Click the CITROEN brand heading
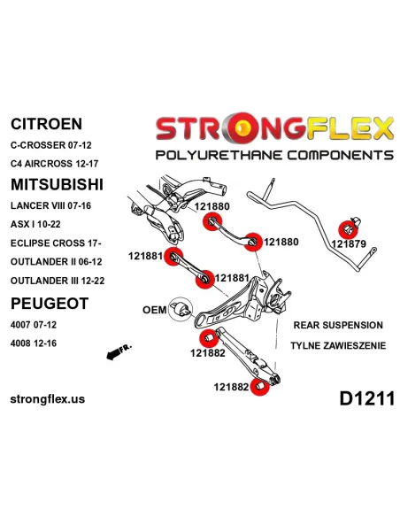pos(46,124)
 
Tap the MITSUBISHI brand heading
pos(57,184)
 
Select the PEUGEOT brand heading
pos(50,304)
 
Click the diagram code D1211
pos(366,398)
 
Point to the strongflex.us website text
pos(48,399)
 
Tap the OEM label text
pos(155,310)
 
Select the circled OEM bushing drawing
pos(181,310)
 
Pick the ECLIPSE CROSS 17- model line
pos(56,243)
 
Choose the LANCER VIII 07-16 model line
pos(50,205)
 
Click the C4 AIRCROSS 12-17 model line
pos(54,164)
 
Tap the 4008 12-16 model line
pos(34,343)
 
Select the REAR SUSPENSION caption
pos(338,325)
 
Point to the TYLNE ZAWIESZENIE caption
pos(338,345)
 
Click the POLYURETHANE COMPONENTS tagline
pos(274,155)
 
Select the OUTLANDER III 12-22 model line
pos(58,281)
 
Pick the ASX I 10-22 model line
pos(35,224)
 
